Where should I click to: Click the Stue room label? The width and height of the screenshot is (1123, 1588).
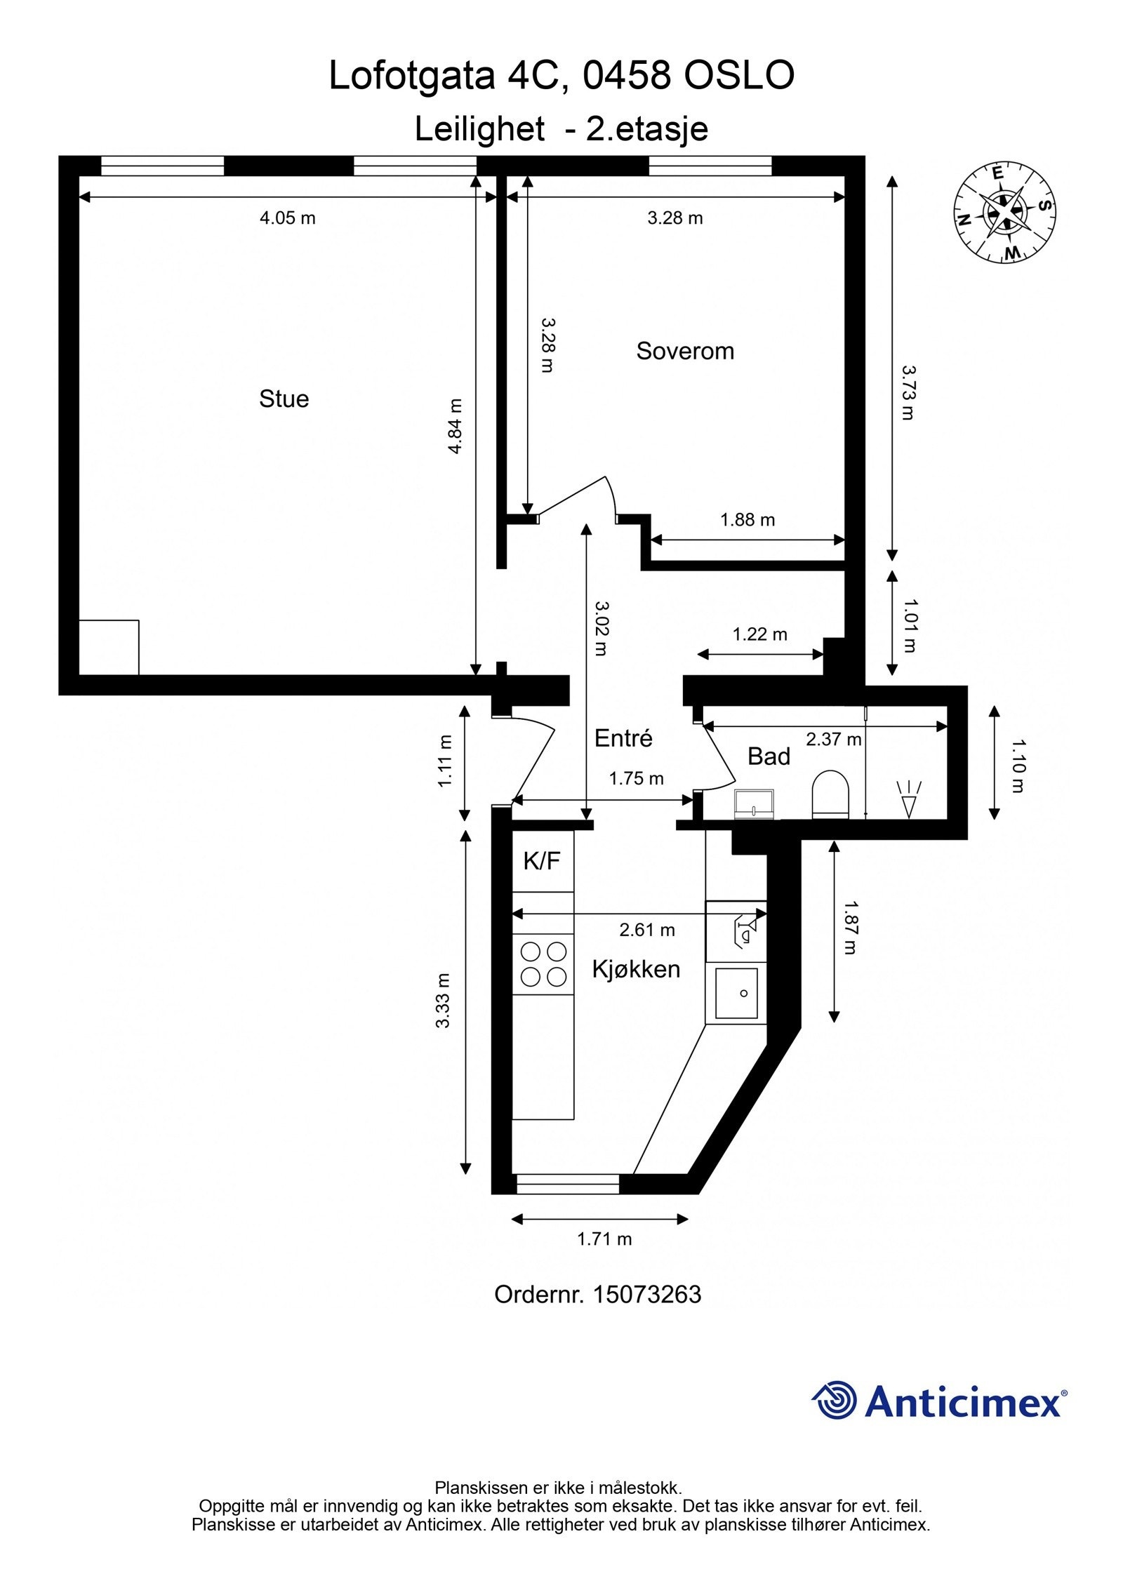point(284,399)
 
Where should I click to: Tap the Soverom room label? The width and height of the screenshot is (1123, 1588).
point(684,351)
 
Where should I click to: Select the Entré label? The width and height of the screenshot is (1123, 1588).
point(623,738)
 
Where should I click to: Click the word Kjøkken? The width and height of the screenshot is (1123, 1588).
point(636,969)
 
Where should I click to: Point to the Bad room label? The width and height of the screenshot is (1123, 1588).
point(769,756)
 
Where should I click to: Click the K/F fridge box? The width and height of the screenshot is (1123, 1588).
point(543,861)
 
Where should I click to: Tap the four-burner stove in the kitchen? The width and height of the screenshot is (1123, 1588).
point(543,964)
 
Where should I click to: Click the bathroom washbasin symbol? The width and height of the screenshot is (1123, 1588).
point(754,804)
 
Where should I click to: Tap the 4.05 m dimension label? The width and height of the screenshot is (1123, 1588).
point(287,218)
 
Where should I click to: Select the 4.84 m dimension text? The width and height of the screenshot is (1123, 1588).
point(456,426)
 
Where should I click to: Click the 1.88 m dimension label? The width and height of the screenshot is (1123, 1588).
point(747,520)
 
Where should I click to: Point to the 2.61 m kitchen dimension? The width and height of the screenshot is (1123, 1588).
point(646,930)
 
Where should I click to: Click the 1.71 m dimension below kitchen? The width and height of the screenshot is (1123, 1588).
point(604,1239)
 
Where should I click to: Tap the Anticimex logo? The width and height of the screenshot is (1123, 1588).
point(939,1401)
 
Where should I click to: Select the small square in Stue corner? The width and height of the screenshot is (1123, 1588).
point(109,647)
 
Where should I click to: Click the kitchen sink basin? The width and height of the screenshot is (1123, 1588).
point(736,992)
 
